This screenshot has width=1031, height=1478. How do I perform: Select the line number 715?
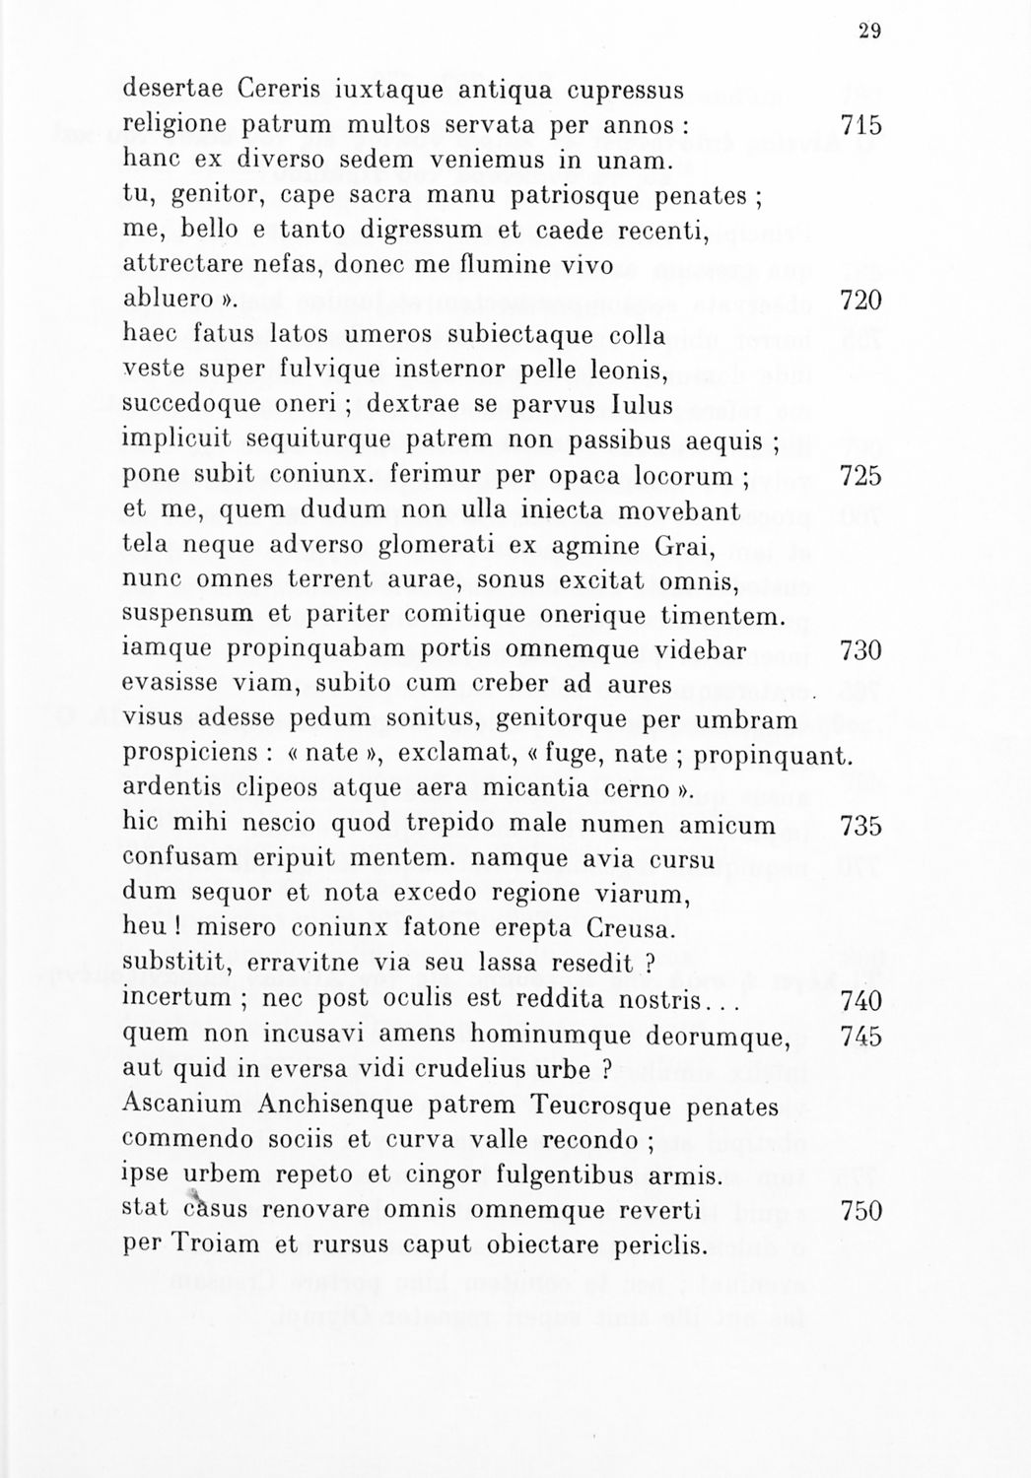click(860, 126)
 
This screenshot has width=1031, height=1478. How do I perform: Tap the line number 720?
click(860, 300)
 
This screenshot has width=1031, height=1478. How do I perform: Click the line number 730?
click(860, 651)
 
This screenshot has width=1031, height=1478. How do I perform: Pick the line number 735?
click(860, 825)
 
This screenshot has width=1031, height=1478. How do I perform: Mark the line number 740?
click(860, 1001)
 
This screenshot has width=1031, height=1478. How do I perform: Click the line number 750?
click(860, 1210)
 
